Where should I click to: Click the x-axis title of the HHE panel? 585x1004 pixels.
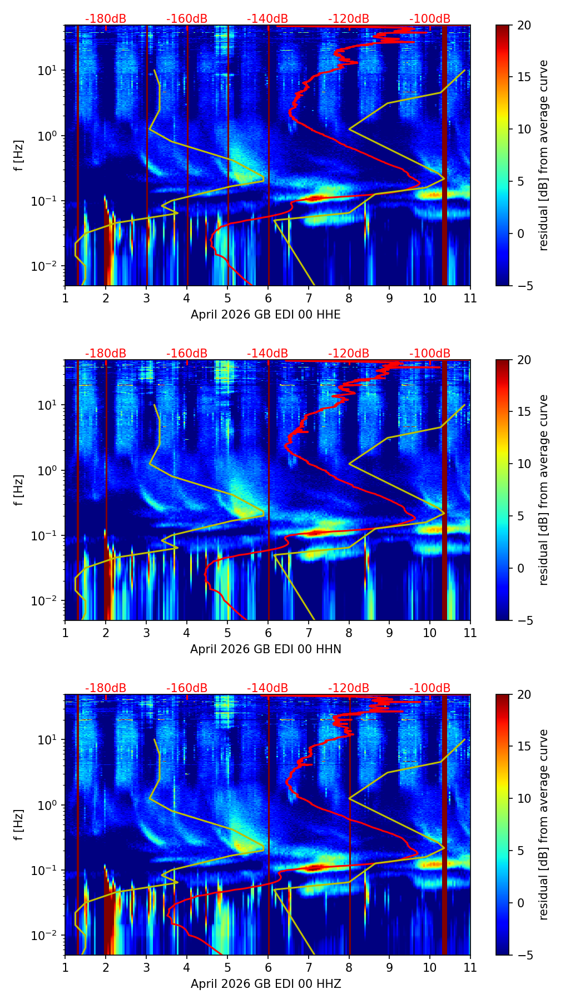265,315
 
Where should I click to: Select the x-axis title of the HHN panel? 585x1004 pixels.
265,649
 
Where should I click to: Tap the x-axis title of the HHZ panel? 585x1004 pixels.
265,984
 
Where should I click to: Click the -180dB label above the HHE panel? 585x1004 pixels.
106,19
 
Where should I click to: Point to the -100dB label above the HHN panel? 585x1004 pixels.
430,354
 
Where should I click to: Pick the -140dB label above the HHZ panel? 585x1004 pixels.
267,688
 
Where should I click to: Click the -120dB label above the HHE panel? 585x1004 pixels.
349,19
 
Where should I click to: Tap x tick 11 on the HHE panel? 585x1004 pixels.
470,298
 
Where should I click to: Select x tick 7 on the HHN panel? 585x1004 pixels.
308,633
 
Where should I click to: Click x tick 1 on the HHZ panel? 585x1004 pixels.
65,967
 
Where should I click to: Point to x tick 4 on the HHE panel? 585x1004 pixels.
187,298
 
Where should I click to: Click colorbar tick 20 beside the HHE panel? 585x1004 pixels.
524,26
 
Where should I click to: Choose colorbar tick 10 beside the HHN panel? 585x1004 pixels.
524,464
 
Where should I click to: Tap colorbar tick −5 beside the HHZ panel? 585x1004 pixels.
524,955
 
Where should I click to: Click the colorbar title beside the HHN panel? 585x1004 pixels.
544,490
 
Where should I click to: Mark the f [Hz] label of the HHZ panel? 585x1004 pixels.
19,824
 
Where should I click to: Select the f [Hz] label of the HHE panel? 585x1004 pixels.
19,155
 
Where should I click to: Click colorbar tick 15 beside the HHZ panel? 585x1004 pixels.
524,747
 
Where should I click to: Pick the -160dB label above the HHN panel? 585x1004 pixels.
187,354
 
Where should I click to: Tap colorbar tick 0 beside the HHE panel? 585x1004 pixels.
520,233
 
